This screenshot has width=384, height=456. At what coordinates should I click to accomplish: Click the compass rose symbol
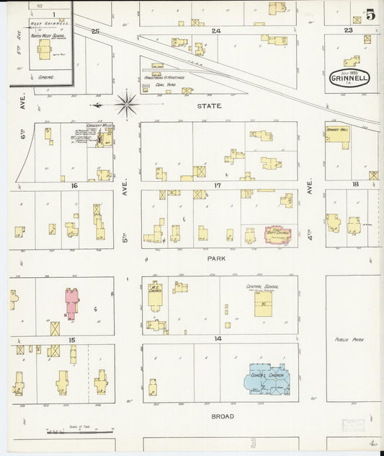pyautogui.click(x=127, y=105)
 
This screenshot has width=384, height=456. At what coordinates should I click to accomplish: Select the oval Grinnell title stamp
pyautogui.click(x=349, y=78)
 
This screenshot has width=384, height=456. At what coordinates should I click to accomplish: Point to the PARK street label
pyautogui.click(x=217, y=257)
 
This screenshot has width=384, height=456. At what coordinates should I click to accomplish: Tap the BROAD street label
pyautogui.click(x=222, y=416)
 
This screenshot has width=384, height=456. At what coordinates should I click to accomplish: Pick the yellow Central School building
pyautogui.click(x=263, y=303)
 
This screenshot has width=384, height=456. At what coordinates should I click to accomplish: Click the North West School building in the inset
pyautogui.click(x=45, y=49)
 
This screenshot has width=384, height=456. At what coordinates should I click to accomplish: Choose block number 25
pyautogui.click(x=94, y=32)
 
